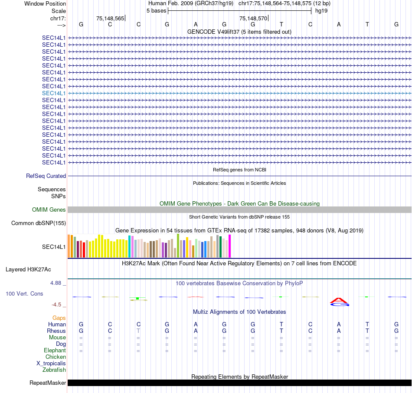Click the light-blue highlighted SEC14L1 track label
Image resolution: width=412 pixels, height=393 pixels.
(54, 93)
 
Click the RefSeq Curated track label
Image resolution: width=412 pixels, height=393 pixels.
(46, 176)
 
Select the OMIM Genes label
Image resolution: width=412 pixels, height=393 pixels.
(49, 210)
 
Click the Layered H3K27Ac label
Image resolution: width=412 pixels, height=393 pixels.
(28, 269)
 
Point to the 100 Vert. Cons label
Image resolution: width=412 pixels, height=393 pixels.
(24, 294)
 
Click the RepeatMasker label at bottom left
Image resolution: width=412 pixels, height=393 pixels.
(48, 383)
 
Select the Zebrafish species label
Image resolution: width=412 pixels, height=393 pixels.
(54, 370)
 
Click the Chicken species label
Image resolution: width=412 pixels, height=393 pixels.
(56, 357)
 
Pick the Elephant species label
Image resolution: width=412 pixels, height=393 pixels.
(55, 351)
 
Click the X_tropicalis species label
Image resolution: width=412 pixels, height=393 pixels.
(51, 364)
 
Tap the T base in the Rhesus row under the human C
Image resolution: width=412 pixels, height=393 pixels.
(138, 331)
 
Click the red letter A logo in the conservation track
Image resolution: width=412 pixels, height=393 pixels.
(339, 300)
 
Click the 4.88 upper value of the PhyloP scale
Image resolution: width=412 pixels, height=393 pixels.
(58, 283)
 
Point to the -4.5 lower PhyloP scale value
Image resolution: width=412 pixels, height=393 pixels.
(59, 305)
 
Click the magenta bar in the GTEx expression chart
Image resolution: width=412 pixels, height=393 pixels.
(229, 246)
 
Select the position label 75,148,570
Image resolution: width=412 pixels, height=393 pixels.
(253, 18)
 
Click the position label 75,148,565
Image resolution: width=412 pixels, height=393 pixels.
(110, 18)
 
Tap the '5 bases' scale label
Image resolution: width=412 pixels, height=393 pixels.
(156, 10)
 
